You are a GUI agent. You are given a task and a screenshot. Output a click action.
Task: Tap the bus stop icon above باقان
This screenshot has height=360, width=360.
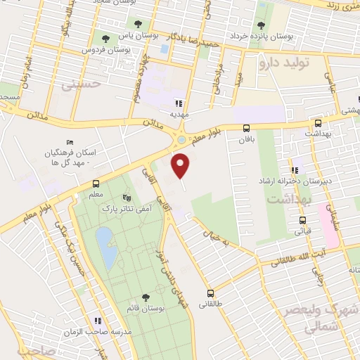[245, 128]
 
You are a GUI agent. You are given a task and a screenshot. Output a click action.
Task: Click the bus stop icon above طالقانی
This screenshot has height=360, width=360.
[210, 293]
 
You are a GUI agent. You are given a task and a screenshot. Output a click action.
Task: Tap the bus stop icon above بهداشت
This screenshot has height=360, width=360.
[318, 122]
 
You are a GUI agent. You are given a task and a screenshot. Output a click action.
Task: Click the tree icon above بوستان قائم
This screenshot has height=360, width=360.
[146, 297]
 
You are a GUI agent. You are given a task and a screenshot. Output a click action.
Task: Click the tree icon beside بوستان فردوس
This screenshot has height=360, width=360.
[105, 39]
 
